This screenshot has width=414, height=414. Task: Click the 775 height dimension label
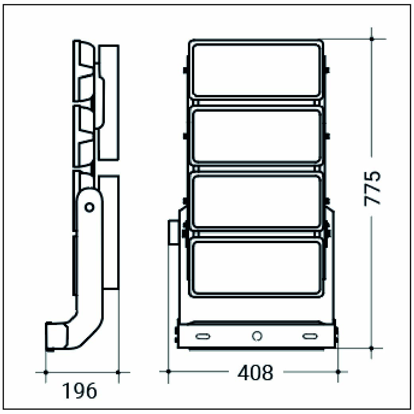point(373,188)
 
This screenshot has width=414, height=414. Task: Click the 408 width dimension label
point(255,373)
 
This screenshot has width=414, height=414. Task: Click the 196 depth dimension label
point(79,390)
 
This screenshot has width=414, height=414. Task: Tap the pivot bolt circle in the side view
point(89,207)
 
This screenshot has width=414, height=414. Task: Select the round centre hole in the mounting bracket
point(257,336)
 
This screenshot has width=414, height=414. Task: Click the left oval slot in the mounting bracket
point(203,337)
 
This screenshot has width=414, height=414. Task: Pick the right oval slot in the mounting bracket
point(310,337)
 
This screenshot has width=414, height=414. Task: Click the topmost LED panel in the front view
point(257,70)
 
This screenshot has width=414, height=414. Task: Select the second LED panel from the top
point(257,136)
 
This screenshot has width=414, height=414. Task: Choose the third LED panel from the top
point(257,201)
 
